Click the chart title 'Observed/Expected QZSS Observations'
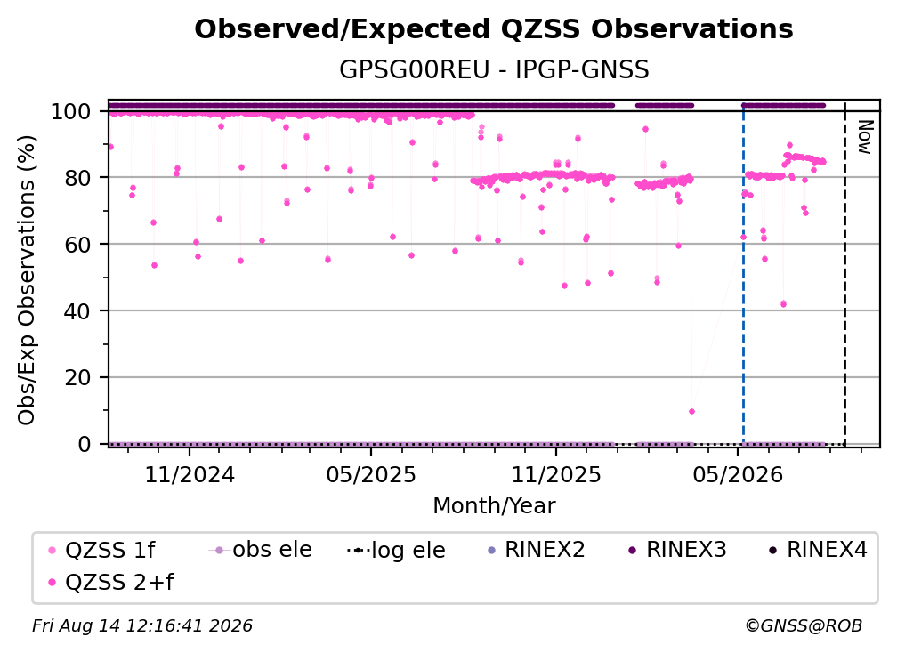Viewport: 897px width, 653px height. tap(494, 29)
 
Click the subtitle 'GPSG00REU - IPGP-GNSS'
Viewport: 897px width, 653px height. tap(494, 70)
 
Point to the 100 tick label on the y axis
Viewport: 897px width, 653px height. tap(70, 111)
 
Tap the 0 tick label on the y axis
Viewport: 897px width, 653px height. tap(84, 444)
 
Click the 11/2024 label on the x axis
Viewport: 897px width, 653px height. tap(190, 475)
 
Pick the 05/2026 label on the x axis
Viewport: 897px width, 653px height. tap(738, 475)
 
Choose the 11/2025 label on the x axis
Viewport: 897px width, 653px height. tap(555, 475)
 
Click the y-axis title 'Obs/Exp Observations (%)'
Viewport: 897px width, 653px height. tap(27, 280)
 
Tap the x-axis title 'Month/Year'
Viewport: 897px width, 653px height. tap(494, 506)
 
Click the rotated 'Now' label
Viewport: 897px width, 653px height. tap(865, 137)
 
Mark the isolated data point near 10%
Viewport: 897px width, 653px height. tap(691, 412)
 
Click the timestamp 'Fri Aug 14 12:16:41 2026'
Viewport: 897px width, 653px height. tap(142, 626)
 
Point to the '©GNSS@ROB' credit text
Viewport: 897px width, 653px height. tap(804, 626)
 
